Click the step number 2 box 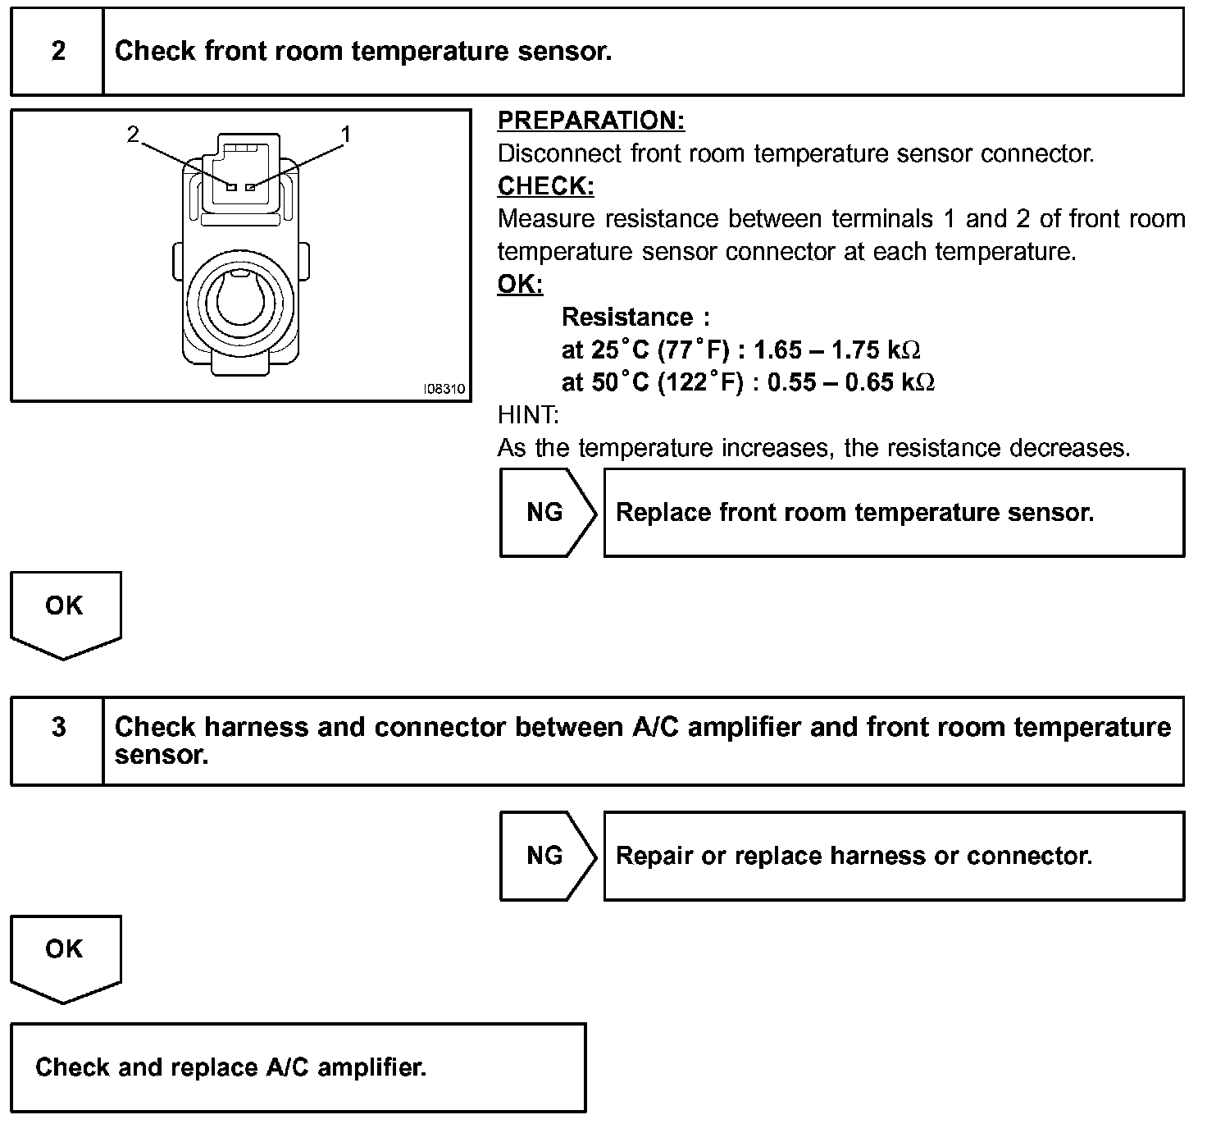pyautogui.click(x=57, y=52)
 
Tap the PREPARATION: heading pyautogui.click(x=590, y=121)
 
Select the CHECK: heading pyautogui.click(x=545, y=186)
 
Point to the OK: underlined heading pyautogui.click(x=520, y=285)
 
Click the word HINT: pyautogui.click(x=528, y=415)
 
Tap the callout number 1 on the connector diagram pyautogui.click(x=346, y=134)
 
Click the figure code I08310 pyautogui.click(x=444, y=389)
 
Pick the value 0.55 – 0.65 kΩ pyautogui.click(x=850, y=382)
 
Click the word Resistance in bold pyautogui.click(x=627, y=318)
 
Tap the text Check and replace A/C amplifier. pyautogui.click(x=230, y=1067)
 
